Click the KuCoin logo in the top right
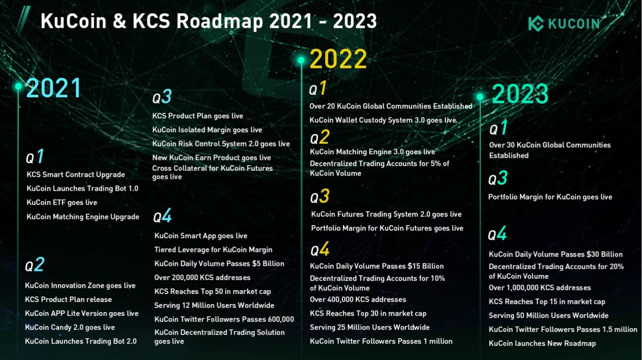[x=564, y=23]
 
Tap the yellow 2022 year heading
[x=338, y=59]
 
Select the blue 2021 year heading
[x=54, y=88]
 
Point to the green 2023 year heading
[x=520, y=94]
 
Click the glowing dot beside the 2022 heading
[x=301, y=60]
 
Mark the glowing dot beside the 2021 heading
[x=18, y=86]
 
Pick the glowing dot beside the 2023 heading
[x=480, y=97]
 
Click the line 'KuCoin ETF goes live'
[x=62, y=203]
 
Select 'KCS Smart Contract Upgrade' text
[x=76, y=175]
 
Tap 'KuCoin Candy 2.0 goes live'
[x=70, y=328]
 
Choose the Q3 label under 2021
[x=162, y=96]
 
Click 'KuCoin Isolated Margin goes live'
[x=207, y=130]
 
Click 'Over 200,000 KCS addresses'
[x=202, y=278]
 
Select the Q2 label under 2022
[x=320, y=137]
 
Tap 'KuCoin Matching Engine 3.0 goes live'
[x=373, y=152]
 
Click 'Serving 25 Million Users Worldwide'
[x=370, y=328]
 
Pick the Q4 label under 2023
[x=497, y=233]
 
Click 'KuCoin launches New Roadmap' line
[x=542, y=344]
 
